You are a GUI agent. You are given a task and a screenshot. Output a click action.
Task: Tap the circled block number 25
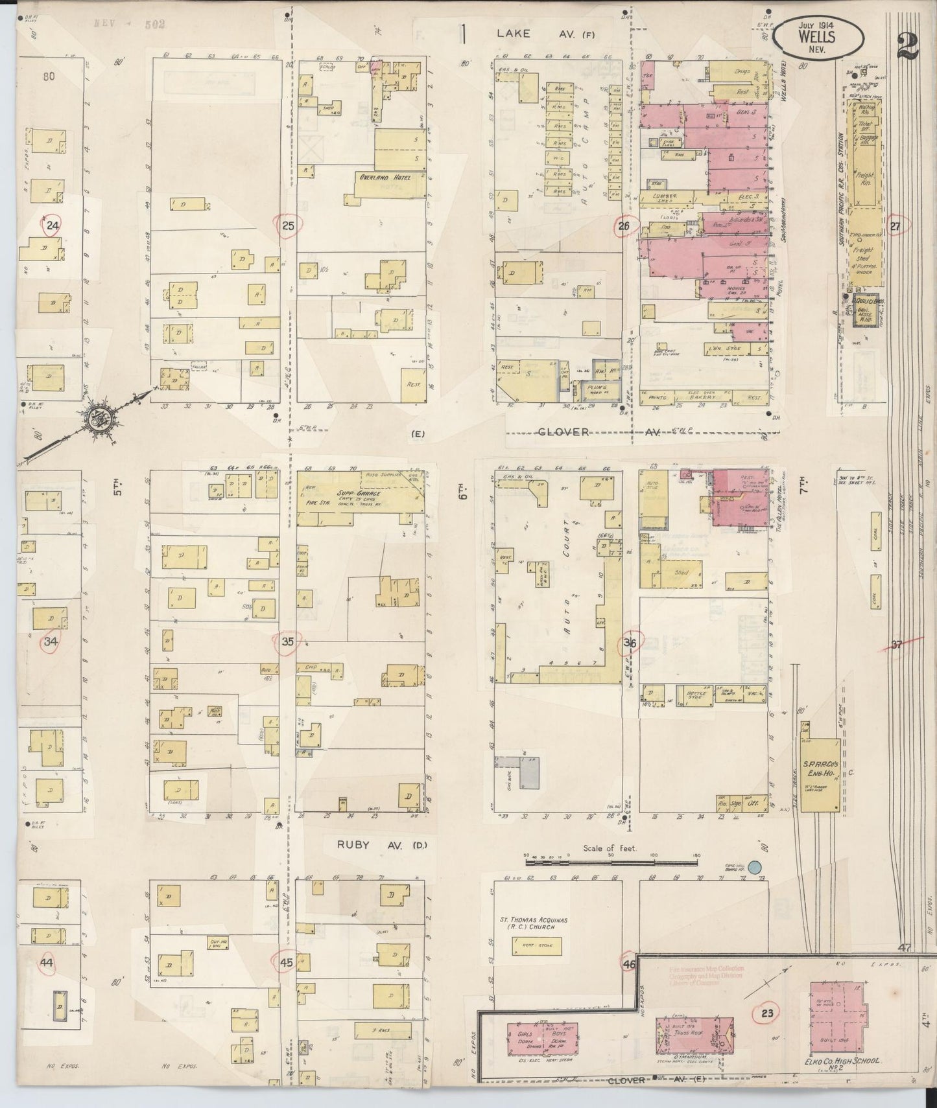point(288,226)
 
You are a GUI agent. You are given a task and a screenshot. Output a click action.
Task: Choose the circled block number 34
point(51,642)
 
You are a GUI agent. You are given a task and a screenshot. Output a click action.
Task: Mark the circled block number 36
point(629,643)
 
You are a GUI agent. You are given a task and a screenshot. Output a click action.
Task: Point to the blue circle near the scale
point(753,866)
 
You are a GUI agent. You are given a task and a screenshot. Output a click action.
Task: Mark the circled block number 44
point(45,963)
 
